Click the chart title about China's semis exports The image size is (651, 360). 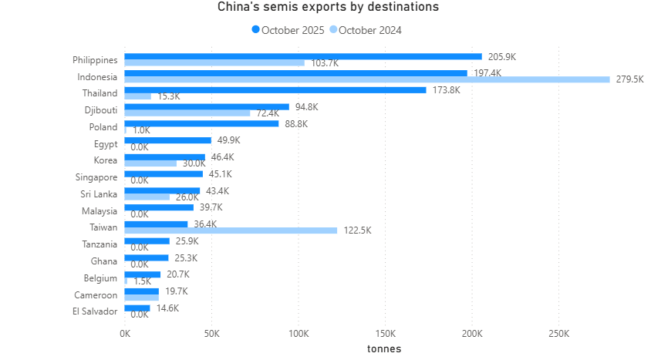pos(328,7)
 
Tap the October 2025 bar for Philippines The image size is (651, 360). pos(302,56)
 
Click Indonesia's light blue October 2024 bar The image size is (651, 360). pos(366,79)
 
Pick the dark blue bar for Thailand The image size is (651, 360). pos(275,90)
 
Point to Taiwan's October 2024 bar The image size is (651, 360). pos(231,230)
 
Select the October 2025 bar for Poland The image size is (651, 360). pos(201,123)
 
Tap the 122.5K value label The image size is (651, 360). pos(356,230)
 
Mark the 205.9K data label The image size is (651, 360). pos(501,56)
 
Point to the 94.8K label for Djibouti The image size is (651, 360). pos(307,106)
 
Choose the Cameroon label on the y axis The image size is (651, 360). pos(96,294)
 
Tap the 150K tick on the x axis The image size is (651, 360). pos(385,334)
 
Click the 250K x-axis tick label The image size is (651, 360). pos(558,334)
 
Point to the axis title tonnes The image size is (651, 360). pos(383,348)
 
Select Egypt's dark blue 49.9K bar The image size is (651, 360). pos(167,140)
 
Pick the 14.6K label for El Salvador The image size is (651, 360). pos(167,308)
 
